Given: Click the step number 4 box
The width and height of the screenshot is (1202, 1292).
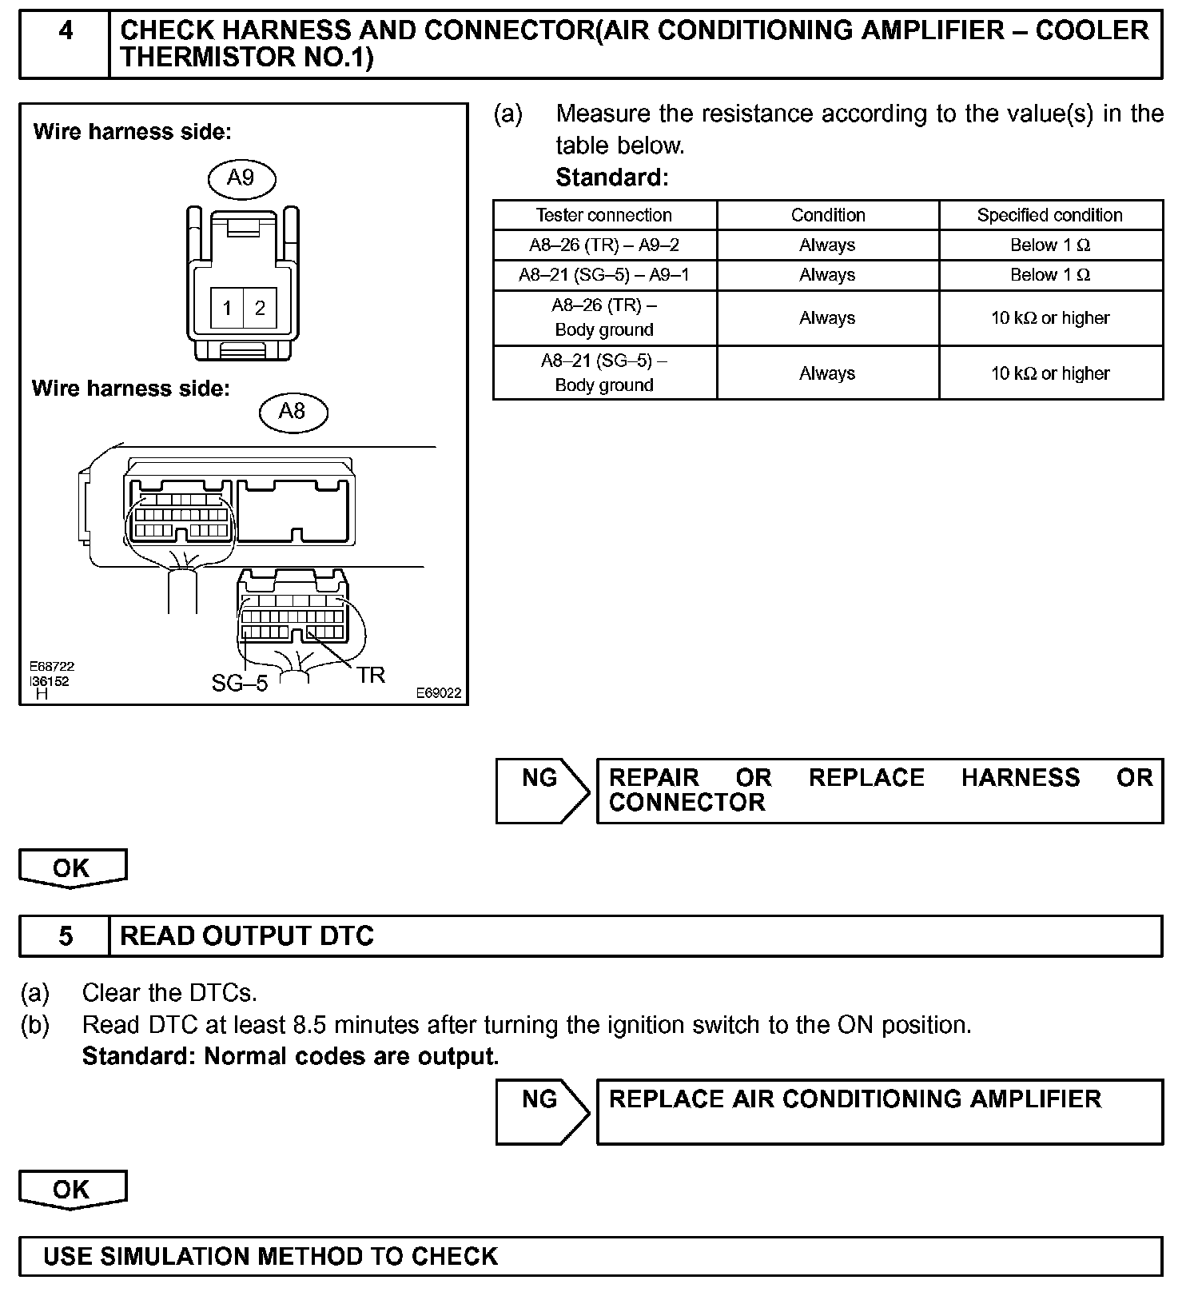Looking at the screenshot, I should (65, 45).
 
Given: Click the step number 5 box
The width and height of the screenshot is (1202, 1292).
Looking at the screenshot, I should (65, 935).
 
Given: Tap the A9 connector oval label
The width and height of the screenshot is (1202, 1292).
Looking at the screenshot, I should (241, 177).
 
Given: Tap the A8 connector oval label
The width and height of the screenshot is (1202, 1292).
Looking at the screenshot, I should (293, 412).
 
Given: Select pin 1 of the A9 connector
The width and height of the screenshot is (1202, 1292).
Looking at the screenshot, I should (227, 309).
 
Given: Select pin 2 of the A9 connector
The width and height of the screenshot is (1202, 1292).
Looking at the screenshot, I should (260, 309).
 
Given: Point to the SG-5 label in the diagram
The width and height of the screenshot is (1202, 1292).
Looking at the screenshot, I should (239, 683).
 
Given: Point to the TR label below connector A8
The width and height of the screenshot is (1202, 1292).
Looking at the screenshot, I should (371, 676).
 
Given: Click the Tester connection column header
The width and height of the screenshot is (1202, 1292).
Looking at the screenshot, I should (604, 215).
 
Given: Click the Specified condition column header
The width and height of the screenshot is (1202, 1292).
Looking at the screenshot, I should (1049, 215).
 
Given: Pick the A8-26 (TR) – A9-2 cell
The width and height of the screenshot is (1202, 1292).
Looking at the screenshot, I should (604, 245).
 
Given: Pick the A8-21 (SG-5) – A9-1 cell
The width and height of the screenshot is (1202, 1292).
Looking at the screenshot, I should (604, 275).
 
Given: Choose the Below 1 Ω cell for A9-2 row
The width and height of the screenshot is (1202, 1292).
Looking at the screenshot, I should (1049, 245).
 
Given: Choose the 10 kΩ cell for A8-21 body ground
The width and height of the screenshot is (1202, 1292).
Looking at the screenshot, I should (1049, 373).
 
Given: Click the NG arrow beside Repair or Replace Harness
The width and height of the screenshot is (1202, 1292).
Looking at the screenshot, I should (542, 789).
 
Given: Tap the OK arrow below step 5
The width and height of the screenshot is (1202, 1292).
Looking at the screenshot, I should (72, 1190).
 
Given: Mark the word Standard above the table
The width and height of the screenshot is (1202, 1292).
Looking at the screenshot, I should (611, 177).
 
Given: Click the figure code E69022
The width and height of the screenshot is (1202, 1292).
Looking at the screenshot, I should (438, 693).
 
